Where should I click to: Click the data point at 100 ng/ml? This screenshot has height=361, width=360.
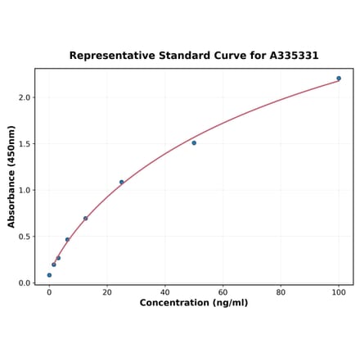click(x=339, y=79)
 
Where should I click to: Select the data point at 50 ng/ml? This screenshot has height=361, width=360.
click(x=194, y=143)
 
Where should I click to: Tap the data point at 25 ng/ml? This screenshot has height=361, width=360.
click(x=122, y=183)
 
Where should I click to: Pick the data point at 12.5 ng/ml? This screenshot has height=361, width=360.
click(x=85, y=219)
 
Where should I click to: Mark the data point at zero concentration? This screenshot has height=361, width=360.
click(x=49, y=275)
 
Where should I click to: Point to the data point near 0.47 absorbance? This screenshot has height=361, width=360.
click(x=67, y=240)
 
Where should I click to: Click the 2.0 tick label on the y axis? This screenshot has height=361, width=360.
click(x=24, y=97)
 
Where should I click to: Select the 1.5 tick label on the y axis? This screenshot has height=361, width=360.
click(x=24, y=144)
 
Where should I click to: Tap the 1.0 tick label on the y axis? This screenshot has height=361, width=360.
click(x=24, y=191)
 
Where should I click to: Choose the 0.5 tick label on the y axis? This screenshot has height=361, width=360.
click(x=24, y=237)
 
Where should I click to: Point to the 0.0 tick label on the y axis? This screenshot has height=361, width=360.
click(x=24, y=283)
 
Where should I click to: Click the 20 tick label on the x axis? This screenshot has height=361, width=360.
click(x=107, y=292)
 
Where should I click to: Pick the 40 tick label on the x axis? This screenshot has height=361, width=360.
click(x=165, y=292)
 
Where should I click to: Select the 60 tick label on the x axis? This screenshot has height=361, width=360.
click(x=223, y=292)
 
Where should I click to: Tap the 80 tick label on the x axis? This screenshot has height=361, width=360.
click(x=281, y=292)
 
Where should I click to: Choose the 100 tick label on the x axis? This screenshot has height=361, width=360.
click(x=339, y=292)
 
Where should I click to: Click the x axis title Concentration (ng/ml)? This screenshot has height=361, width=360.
click(x=194, y=304)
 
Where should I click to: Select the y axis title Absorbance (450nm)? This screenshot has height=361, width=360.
click(x=11, y=176)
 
